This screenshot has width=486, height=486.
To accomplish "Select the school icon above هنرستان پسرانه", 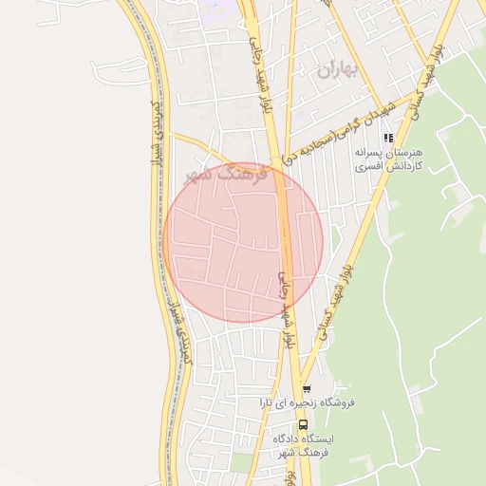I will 388,138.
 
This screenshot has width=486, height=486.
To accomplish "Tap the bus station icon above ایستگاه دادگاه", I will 304,423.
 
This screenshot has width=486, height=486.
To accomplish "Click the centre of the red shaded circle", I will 243,243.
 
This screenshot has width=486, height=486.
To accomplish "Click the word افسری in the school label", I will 368,166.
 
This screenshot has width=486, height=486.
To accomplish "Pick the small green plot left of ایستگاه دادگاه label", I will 242,461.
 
